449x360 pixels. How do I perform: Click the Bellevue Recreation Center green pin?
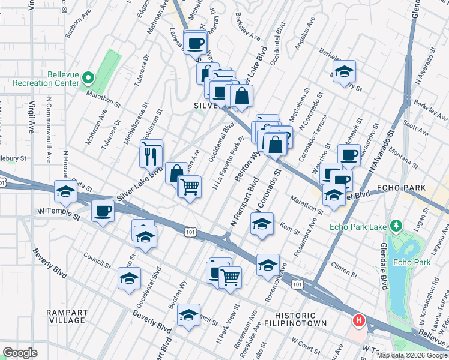point(88,77)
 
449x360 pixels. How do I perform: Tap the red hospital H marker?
point(359,321)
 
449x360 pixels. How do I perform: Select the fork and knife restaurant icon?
point(151,155)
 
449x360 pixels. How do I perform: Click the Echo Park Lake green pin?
point(396,226)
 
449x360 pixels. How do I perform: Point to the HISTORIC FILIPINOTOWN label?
point(300,319)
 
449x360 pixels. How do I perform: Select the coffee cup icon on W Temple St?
point(103,211)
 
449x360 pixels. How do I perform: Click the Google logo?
point(20,353)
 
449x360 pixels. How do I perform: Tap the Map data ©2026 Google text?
point(412,355)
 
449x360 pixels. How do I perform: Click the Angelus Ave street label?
point(307,33)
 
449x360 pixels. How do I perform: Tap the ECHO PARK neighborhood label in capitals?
point(401,188)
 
